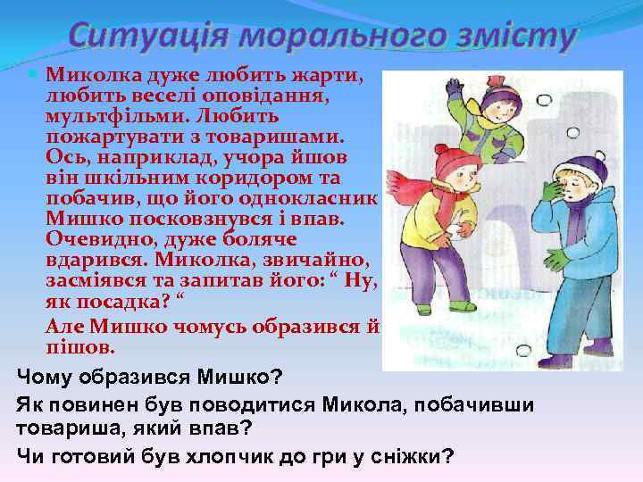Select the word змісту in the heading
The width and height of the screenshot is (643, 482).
[x=500, y=37]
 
